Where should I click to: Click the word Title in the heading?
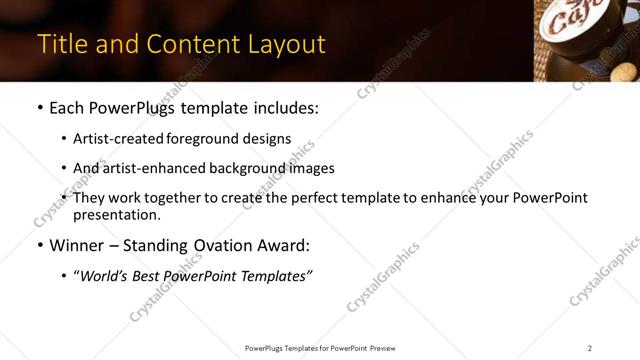click(62, 45)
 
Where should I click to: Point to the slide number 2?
click(589, 348)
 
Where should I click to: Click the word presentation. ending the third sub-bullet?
click(116, 214)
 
